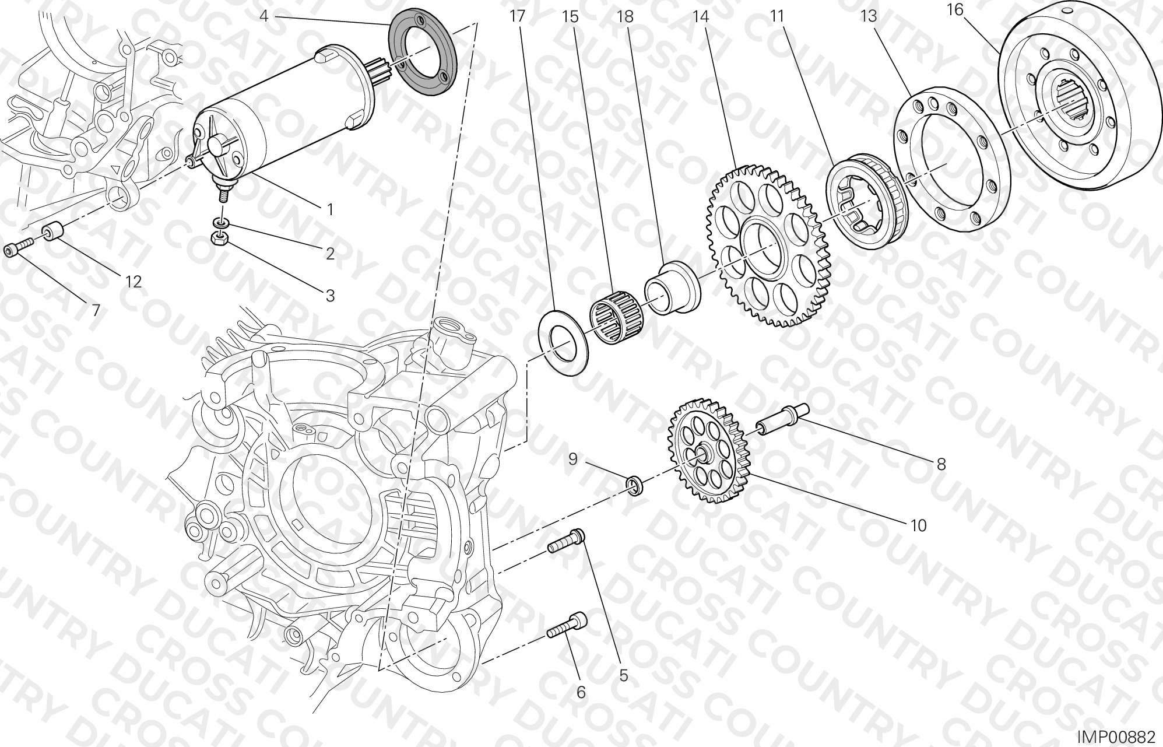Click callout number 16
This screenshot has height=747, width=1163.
point(955,10)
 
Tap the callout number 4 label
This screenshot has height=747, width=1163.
point(263,16)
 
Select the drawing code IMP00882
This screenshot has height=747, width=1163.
point(1115,737)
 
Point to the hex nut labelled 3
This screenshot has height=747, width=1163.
point(220,237)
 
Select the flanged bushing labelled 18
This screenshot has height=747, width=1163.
point(672,289)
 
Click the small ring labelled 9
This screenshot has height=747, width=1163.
point(635,485)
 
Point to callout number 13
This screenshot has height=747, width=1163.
point(869,16)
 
